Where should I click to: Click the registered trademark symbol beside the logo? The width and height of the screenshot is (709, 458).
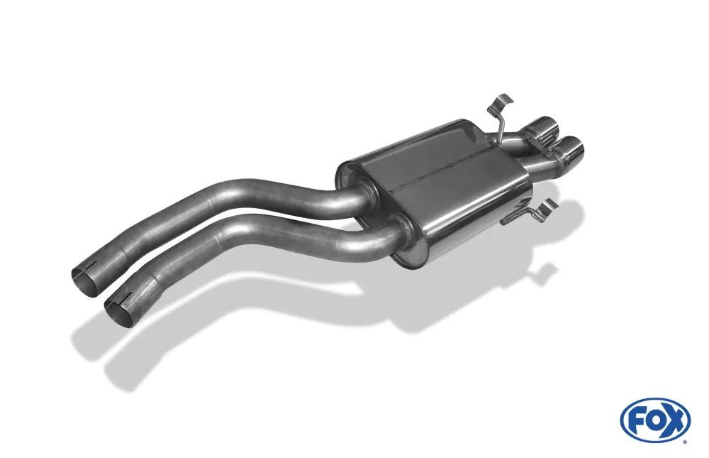(684, 442)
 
